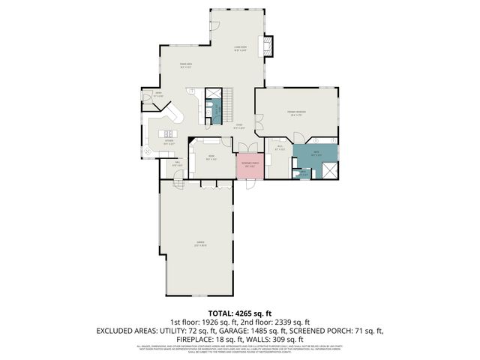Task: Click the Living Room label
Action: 240,49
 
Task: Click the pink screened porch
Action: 249,166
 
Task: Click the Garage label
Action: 200,242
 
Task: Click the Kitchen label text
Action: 169,141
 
